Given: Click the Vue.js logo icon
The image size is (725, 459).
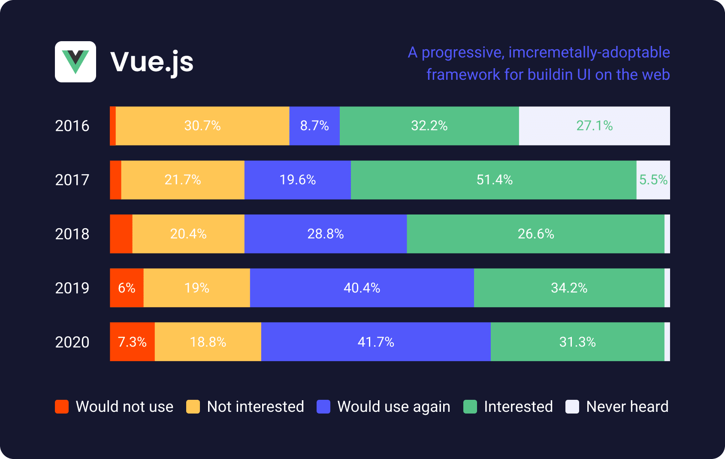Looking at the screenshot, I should point(76,62).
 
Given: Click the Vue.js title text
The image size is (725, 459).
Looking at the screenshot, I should point(152,62).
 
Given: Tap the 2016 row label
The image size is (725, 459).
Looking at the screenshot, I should point(72,126).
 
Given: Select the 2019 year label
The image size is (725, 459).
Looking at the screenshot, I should point(72,288).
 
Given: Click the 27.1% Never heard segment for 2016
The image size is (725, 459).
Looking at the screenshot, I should point(594,126).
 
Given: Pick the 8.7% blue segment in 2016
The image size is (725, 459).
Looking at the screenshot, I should point(314,126).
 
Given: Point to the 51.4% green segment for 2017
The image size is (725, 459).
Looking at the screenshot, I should point(494,180).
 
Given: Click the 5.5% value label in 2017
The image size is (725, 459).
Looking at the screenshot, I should point(653,180).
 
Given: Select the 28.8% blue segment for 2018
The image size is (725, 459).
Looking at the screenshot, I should point(326,234).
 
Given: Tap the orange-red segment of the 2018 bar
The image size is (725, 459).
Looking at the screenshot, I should point(121,234).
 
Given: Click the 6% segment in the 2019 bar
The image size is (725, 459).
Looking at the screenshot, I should point(127,288).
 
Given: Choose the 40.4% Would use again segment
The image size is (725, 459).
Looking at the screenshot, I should point(362,288).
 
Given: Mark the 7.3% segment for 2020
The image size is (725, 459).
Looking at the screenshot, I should point(132,342).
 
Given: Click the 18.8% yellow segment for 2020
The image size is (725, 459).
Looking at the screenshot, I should point(208,342).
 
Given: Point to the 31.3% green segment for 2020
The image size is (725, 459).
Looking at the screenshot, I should point(577,342).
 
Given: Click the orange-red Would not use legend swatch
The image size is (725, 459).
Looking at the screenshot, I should point(62,407).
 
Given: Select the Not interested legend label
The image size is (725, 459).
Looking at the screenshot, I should point(255,407).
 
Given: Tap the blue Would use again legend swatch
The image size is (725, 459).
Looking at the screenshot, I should point(323,407).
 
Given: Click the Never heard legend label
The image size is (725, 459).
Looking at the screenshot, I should point(627,407).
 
